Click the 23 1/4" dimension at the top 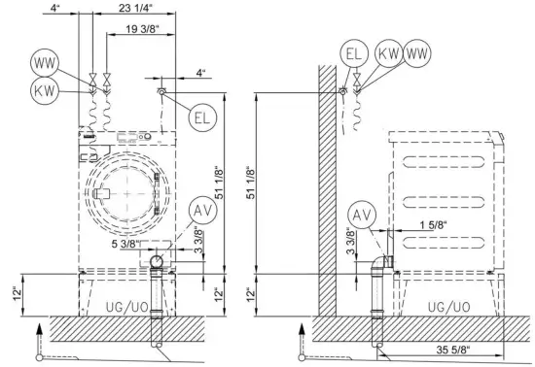click(135, 8)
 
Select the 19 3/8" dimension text click(142, 29)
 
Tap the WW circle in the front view click(45, 63)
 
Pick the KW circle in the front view click(45, 91)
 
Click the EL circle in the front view click(202, 117)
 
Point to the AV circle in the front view click(203, 211)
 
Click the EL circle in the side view click(354, 53)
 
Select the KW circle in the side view click(389, 53)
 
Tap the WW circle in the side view click(417, 53)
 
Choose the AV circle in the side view click(362, 215)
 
